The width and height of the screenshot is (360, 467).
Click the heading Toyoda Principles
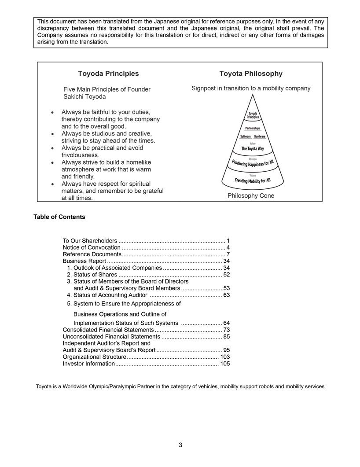108,74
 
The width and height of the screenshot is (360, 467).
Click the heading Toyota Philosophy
251,74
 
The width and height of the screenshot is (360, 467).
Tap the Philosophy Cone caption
251,196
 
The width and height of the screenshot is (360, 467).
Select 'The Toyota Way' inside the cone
253,149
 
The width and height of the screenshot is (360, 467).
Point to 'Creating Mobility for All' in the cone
253,180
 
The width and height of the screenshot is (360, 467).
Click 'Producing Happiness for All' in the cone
253,164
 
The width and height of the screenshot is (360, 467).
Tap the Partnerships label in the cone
253,129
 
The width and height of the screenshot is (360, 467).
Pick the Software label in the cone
245,137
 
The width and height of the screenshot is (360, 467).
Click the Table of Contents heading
59,217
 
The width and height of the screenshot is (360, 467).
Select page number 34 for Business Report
227,261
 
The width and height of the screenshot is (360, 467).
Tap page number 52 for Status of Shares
227,275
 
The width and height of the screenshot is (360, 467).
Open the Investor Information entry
88,364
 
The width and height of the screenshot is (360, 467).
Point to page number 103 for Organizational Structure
225,357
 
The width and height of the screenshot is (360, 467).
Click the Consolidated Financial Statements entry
108,330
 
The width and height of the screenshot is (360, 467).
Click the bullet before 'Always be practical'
53,148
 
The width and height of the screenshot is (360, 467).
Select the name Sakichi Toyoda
84,96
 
